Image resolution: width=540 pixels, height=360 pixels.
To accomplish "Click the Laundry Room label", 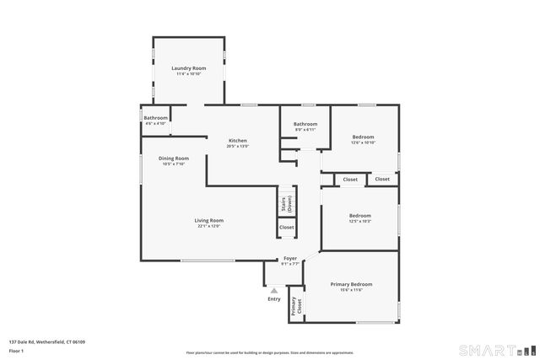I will click(x=188, y=68).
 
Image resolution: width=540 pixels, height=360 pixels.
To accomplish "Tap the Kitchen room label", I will click(x=237, y=140).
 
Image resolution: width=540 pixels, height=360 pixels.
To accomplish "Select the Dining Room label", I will click(x=174, y=159).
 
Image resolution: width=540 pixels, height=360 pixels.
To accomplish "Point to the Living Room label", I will click(x=208, y=220).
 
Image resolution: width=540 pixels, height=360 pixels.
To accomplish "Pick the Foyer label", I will click(x=289, y=258).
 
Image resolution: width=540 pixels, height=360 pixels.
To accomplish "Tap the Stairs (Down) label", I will click(x=287, y=202).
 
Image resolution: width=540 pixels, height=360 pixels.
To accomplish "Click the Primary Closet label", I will click(x=294, y=306).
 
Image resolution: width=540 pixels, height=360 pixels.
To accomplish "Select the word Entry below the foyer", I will click(x=274, y=298).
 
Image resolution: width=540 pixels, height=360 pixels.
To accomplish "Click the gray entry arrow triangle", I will click(x=273, y=290).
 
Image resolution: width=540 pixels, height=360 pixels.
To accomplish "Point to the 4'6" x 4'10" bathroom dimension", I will click(x=155, y=124).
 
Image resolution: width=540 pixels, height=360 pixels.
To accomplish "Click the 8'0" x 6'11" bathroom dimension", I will click(x=305, y=130).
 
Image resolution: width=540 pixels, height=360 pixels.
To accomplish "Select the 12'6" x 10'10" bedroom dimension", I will click(x=363, y=142).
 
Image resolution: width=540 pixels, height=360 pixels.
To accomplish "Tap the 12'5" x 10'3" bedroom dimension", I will click(x=360, y=222).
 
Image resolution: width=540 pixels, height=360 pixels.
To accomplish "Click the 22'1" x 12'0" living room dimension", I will click(x=208, y=226).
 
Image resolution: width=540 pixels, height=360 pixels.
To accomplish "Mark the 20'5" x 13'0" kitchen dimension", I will click(x=237, y=147).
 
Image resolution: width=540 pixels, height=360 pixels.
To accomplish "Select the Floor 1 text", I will click(x=15, y=350).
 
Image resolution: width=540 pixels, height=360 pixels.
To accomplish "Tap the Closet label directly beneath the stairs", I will click(x=287, y=228).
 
